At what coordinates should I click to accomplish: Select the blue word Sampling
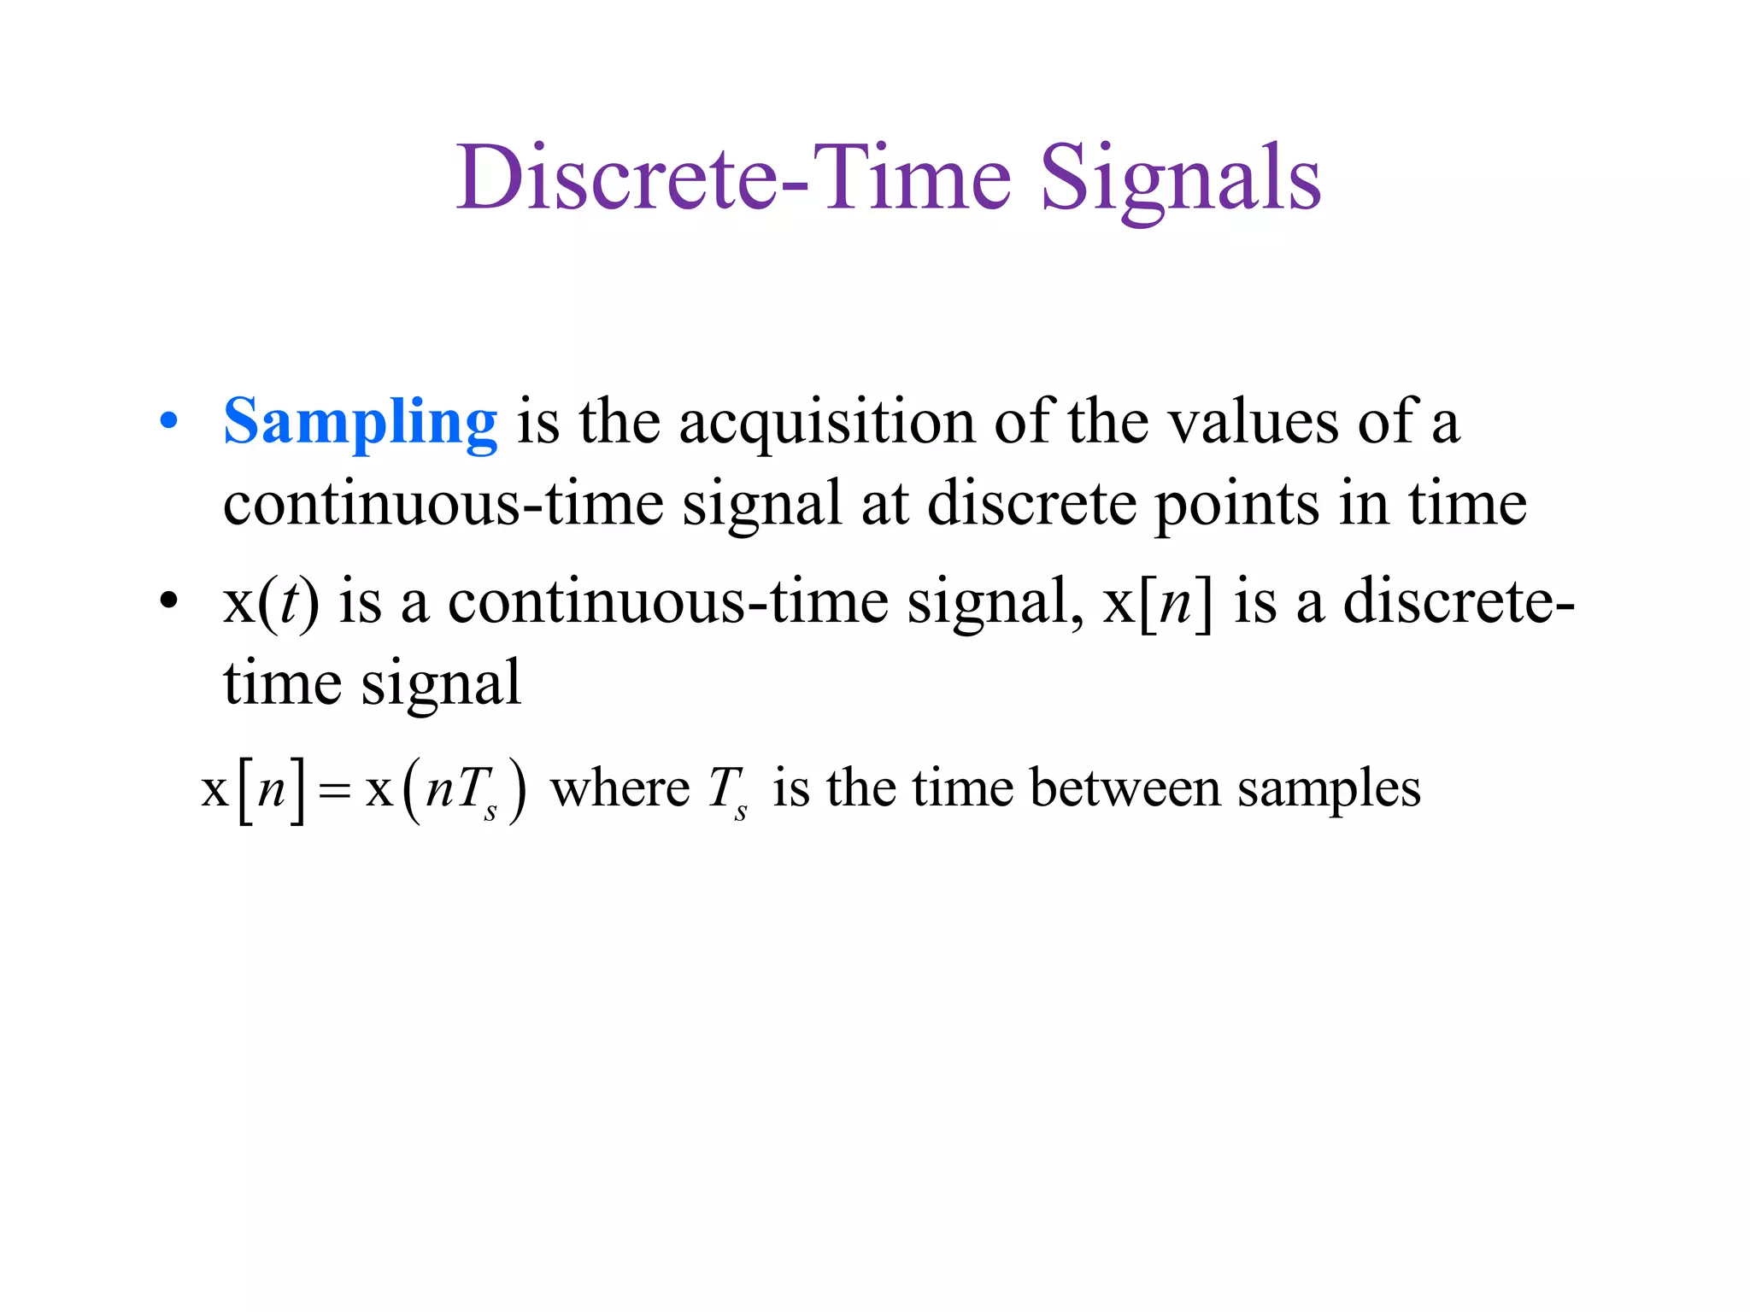click(x=360, y=422)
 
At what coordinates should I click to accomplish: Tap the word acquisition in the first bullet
click(x=826, y=422)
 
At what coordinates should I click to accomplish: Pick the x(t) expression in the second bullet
click(x=271, y=601)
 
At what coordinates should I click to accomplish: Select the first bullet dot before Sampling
click(x=169, y=421)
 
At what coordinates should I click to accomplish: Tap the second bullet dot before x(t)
click(x=169, y=600)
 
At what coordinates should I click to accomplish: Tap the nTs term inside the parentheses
click(x=461, y=791)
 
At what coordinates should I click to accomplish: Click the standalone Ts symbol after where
click(x=728, y=791)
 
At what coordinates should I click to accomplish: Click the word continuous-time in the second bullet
click(x=668, y=601)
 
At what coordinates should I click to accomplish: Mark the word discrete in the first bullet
click(x=1031, y=504)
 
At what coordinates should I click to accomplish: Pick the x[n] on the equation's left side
click(x=253, y=791)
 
